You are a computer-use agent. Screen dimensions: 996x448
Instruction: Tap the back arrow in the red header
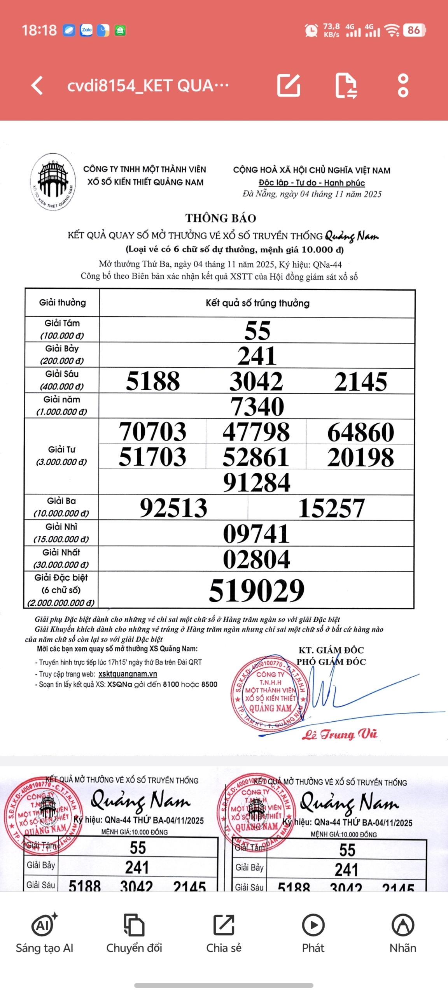[37, 85]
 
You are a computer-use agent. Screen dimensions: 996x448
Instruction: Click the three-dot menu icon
[403, 85]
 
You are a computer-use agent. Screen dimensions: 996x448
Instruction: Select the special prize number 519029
[257, 590]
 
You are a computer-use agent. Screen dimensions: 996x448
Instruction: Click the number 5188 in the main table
[153, 381]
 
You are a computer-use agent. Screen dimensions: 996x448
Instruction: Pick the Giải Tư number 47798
[256, 432]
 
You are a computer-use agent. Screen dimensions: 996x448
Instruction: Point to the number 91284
[257, 482]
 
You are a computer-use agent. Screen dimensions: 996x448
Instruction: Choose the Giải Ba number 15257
[331, 508]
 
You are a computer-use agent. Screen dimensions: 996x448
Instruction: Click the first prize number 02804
[257, 559]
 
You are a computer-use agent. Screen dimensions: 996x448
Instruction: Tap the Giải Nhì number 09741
[257, 533]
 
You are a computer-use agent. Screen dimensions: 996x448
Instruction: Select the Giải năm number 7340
[257, 407]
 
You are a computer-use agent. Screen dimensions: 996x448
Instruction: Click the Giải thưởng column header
[62, 303]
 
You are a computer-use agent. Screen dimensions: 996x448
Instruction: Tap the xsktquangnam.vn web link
[128, 674]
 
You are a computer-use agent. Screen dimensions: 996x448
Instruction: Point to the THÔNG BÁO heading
[220, 218]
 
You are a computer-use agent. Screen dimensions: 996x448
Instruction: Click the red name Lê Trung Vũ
[339, 734]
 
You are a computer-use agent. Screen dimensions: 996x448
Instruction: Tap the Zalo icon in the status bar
[86, 30]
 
